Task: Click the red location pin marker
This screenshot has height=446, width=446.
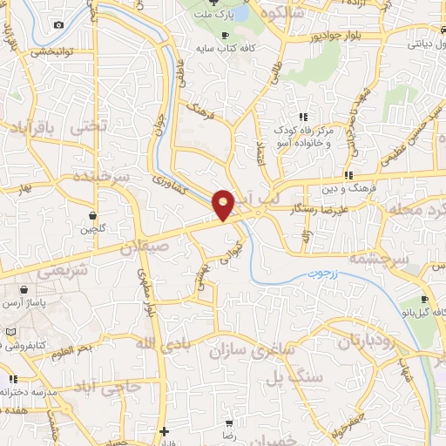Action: click(x=225, y=204)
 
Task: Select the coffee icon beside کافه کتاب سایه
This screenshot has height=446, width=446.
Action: click(x=226, y=35)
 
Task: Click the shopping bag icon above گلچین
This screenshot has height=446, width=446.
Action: click(x=91, y=213)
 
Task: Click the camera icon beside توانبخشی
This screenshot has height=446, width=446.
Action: click(x=57, y=24)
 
